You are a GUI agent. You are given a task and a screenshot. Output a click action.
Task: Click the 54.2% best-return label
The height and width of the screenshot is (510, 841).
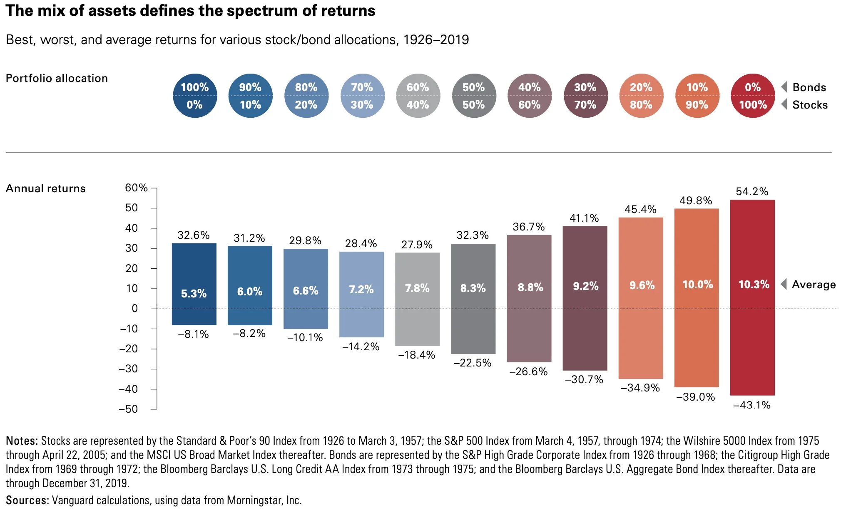[751, 191]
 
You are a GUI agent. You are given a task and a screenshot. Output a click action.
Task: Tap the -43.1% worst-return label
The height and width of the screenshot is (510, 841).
[751, 405]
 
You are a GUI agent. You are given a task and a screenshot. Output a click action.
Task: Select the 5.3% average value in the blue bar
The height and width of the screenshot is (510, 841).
[194, 294]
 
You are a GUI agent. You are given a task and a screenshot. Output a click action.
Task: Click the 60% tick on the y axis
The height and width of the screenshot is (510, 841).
[136, 188]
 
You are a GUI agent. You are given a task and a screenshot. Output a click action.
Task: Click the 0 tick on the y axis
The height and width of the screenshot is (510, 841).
[134, 309]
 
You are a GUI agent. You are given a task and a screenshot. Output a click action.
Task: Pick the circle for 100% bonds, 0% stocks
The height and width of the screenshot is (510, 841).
[194, 96]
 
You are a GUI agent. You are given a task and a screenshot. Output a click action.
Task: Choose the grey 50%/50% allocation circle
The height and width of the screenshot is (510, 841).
[473, 96]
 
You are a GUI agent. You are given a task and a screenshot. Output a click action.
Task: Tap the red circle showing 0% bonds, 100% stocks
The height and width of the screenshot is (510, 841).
[752, 96]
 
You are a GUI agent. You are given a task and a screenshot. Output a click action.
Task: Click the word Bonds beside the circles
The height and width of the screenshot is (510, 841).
[809, 87]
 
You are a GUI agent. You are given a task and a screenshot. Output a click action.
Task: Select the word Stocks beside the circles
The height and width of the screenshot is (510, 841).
[810, 105]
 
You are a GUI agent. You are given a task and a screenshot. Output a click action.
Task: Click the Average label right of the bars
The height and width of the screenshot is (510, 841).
[814, 285]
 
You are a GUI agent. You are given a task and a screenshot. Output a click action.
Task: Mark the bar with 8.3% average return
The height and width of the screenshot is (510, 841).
[473, 300]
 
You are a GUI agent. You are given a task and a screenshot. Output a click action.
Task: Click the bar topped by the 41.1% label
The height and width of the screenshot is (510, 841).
[585, 300]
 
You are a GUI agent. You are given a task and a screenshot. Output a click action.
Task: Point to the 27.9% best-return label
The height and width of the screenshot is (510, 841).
[416, 245]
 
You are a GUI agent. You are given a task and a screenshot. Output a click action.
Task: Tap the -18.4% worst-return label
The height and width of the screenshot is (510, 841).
[416, 355]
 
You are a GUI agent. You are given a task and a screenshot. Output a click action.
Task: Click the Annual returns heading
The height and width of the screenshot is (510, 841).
[45, 188]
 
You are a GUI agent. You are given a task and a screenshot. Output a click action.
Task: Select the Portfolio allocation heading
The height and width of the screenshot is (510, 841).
[57, 78]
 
